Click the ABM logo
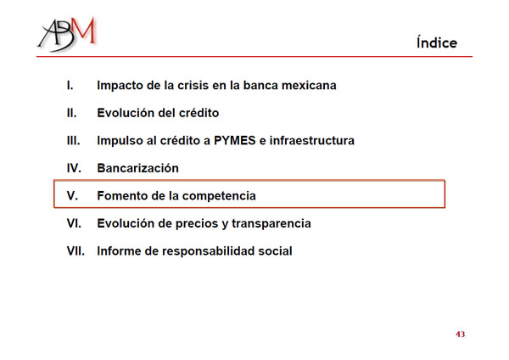pyautogui.click(x=66, y=34)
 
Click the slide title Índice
pyautogui.click(x=437, y=42)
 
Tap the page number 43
pyautogui.click(x=460, y=335)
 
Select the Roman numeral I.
pyautogui.click(x=70, y=85)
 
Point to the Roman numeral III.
pyautogui.click(x=73, y=140)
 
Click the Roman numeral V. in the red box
pyautogui.click(x=72, y=195)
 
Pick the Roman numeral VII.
pyautogui.click(x=76, y=250)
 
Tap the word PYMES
pyautogui.click(x=235, y=140)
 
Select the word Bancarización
pyautogui.click(x=138, y=168)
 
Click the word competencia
pyautogui.click(x=219, y=196)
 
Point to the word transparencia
pyautogui.click(x=271, y=224)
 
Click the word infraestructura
pyautogui.click(x=312, y=140)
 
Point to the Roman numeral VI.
pyautogui.click(x=74, y=223)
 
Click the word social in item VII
pyautogui.click(x=275, y=250)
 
